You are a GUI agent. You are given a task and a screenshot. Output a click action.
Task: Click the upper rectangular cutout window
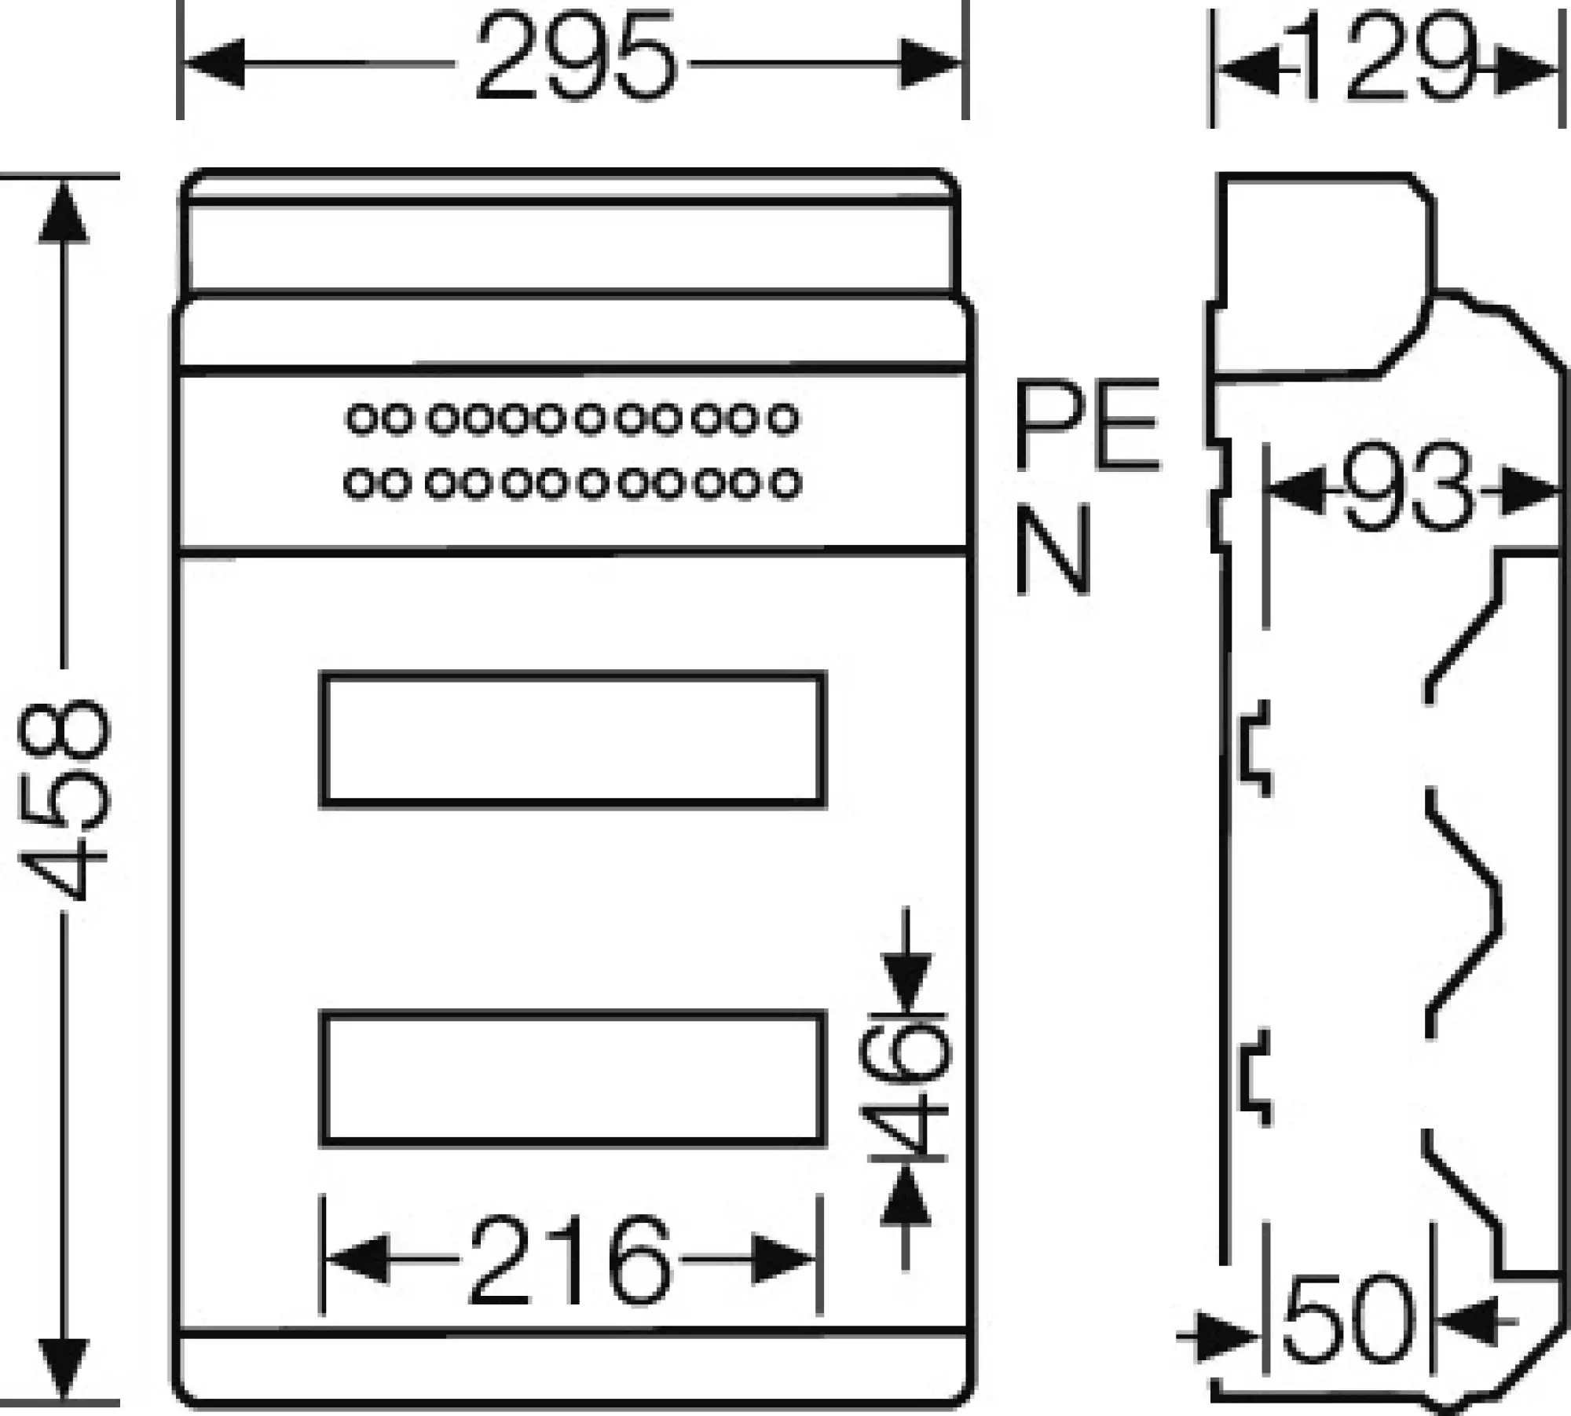(573, 739)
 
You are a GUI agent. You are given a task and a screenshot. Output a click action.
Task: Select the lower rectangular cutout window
(573, 1079)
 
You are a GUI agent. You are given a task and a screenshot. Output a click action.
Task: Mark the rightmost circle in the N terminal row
(785, 484)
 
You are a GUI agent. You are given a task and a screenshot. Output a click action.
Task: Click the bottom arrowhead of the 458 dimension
(63, 1370)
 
